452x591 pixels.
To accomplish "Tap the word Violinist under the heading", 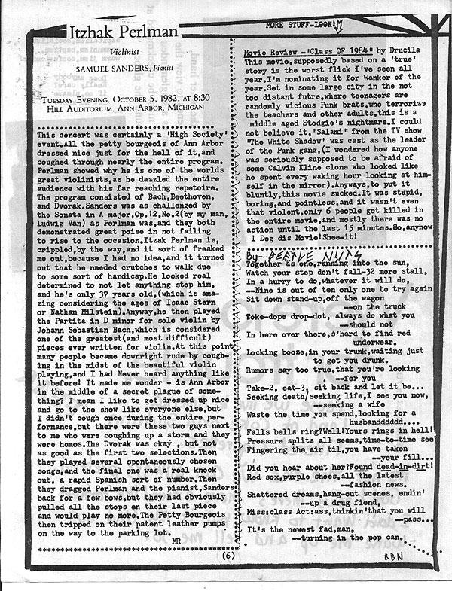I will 136,53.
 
